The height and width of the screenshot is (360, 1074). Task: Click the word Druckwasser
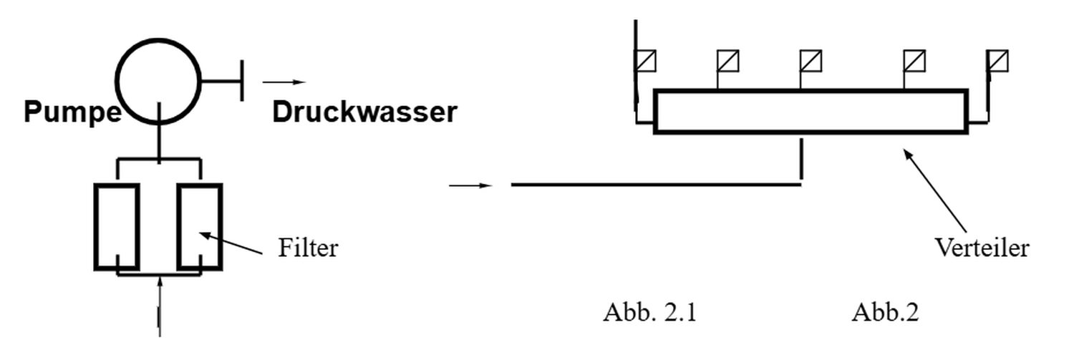click(x=364, y=112)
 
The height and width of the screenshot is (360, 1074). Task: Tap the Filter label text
click(x=308, y=248)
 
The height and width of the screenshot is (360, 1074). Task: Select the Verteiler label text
click(x=982, y=248)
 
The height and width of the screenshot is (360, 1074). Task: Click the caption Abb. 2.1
click(x=649, y=313)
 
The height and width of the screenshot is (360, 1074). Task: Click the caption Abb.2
click(x=885, y=313)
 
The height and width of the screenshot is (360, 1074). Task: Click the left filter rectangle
click(x=117, y=227)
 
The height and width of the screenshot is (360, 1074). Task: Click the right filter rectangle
click(x=200, y=227)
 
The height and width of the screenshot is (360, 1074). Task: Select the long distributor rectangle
click(x=811, y=112)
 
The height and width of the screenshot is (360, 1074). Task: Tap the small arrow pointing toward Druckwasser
click(x=284, y=82)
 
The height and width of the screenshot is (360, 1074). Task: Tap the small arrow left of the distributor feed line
click(x=470, y=185)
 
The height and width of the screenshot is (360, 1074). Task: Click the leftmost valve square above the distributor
click(x=646, y=61)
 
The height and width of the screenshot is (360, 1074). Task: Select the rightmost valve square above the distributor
click(x=997, y=61)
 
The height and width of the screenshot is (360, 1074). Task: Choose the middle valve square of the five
click(x=811, y=61)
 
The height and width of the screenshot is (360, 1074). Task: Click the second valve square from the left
click(x=728, y=61)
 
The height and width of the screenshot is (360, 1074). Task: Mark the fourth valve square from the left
click(x=914, y=61)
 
